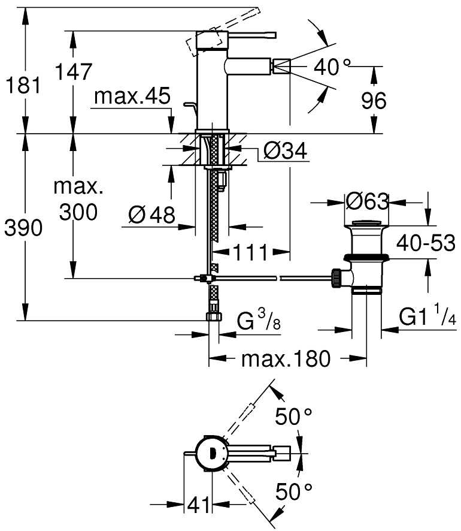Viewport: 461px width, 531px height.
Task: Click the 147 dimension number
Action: pyautogui.click(x=74, y=71)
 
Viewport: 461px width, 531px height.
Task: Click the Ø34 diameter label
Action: pyautogui.click(x=284, y=152)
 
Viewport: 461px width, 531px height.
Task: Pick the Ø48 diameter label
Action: pyautogui.click(x=151, y=214)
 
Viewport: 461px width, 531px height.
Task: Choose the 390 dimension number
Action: pyautogui.click(x=23, y=228)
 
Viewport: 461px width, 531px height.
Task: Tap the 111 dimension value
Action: pyautogui.click(x=250, y=252)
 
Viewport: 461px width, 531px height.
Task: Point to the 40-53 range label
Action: pyautogui.click(x=426, y=243)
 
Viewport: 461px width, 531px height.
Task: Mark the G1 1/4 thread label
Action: pyautogui.click(x=427, y=318)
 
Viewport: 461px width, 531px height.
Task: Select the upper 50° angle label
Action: pyautogui.click(x=295, y=416)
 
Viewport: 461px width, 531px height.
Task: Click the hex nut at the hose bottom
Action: pyautogui.click(x=213, y=317)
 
